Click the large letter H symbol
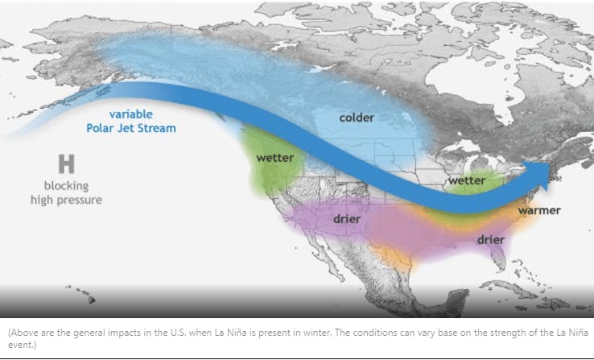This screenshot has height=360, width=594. pos(66,164)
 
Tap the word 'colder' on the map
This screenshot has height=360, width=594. pos(356,118)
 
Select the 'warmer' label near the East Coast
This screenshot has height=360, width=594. pos(539,210)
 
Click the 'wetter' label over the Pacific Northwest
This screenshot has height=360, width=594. pos(274,158)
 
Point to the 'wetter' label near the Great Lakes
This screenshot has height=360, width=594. pos(467,181)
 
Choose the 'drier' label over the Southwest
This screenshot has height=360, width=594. pos(345,218)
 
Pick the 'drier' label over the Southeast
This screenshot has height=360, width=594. pos(490,239)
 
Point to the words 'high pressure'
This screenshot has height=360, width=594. pos(67,199)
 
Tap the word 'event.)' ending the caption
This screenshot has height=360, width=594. pos(19,345)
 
